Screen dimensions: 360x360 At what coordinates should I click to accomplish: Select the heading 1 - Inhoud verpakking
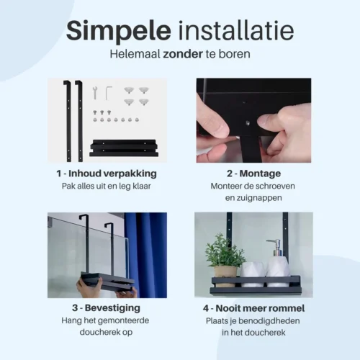[106, 174]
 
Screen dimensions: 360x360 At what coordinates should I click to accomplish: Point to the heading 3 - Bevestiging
[107, 308]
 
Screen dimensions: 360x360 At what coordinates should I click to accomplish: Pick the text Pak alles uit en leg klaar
[107, 186]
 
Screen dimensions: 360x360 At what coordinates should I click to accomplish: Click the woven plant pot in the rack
[225, 272]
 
